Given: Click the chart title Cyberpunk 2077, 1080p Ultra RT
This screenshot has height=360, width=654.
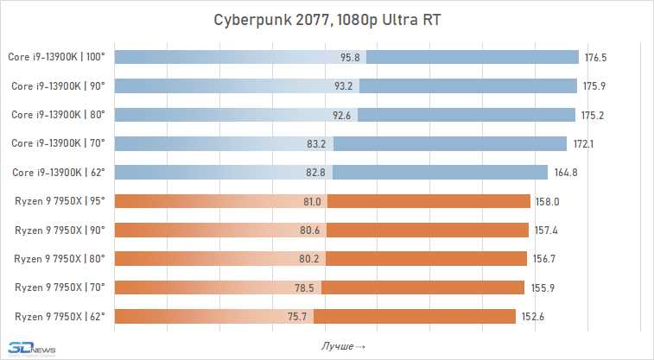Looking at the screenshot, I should (327, 19).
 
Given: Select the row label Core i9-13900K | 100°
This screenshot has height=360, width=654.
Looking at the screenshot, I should (56, 58).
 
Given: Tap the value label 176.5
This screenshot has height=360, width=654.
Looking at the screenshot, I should (596, 58).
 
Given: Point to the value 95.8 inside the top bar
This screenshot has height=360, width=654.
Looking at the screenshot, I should (351, 58).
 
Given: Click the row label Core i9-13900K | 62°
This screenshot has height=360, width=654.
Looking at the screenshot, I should (58, 173).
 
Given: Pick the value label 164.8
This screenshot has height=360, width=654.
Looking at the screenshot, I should (566, 173).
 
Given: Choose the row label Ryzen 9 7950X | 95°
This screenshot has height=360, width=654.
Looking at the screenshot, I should (60, 201).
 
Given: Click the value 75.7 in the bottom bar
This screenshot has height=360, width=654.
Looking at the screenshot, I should (299, 316).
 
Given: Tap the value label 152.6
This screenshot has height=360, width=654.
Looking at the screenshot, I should (533, 316).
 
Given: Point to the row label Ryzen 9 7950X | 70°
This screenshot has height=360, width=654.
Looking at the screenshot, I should (60, 287).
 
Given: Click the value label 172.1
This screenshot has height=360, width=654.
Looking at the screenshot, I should (583, 144).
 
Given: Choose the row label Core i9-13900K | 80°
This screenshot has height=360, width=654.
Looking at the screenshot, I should (58, 115).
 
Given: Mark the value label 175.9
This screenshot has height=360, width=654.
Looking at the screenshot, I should (594, 86).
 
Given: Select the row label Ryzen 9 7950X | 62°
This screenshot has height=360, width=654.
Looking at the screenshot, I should (60, 316).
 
